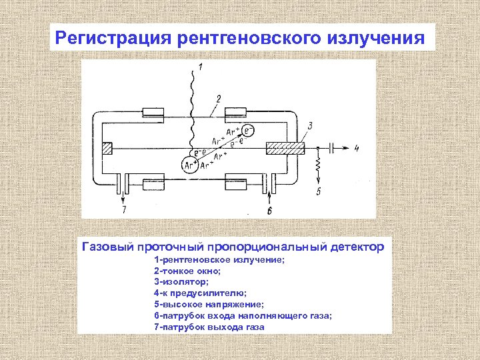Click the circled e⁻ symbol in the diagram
248,129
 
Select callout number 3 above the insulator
310,125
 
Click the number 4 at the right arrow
357,149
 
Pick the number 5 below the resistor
319,192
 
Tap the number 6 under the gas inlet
269,211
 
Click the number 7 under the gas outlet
123,211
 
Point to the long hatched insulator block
285,148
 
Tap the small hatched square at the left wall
107,148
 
